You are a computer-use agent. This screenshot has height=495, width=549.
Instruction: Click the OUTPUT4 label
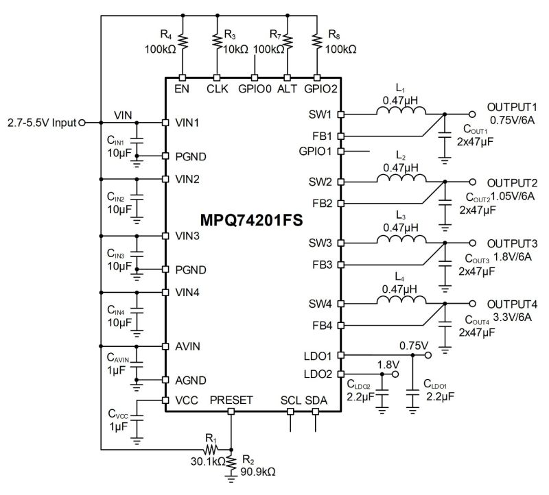point(513,304)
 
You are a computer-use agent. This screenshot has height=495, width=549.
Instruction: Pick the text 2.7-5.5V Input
point(40,123)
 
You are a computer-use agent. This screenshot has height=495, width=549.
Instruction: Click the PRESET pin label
point(231,400)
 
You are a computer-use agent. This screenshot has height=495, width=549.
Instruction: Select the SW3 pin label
point(321,243)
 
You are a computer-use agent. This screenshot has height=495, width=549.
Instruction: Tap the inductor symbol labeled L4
point(399,302)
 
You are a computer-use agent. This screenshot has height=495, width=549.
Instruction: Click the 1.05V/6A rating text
point(513,195)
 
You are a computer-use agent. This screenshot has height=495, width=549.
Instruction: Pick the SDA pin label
point(316,400)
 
